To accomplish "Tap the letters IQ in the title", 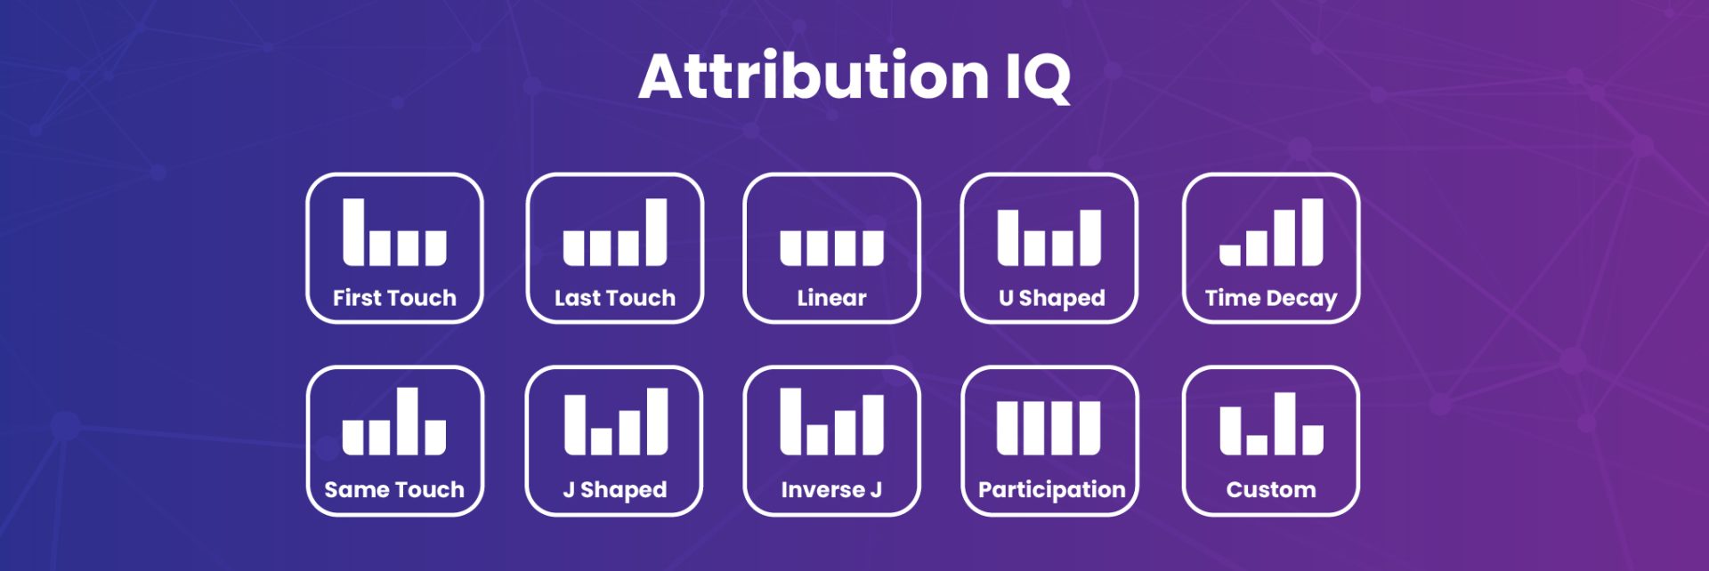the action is (x=1038, y=77).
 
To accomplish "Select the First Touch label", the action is (x=394, y=298).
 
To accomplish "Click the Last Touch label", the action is (x=615, y=298).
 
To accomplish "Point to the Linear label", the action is (x=831, y=298).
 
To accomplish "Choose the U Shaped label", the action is (x=1051, y=298).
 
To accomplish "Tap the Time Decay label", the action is (x=1271, y=298).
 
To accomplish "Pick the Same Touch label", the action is (x=394, y=489).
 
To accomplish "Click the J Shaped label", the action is (x=615, y=490).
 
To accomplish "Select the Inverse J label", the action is (x=831, y=489).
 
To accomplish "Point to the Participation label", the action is (x=1051, y=490).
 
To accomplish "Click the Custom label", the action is (x=1271, y=489).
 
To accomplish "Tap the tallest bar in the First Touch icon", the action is (x=353, y=231).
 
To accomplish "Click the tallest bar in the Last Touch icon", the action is (x=656, y=231).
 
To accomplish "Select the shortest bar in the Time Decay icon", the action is (x=1230, y=256).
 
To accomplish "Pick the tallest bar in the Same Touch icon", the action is (x=408, y=421).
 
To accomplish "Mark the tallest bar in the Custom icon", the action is (x=1284, y=423).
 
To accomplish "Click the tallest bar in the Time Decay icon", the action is (x=1312, y=231).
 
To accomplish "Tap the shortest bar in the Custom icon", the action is (x=1257, y=445).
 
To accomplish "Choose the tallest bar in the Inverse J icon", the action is (x=791, y=421).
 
